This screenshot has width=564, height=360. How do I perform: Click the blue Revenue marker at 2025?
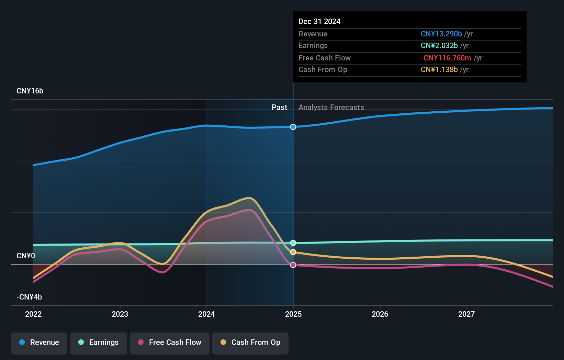(x=293, y=127)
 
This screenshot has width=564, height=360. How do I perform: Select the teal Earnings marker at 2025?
(x=293, y=243)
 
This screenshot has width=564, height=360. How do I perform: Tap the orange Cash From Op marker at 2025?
(x=293, y=252)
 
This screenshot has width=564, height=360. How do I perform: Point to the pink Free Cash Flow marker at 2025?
(x=293, y=265)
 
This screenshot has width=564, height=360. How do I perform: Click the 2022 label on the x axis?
(x=33, y=314)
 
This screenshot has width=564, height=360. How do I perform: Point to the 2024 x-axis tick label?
(x=206, y=314)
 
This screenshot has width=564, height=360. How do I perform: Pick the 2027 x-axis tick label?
(x=466, y=314)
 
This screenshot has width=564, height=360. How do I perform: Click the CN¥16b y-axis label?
(x=30, y=91)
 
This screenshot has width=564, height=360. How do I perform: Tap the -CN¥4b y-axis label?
(x=29, y=297)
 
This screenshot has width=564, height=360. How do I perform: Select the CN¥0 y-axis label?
(x=26, y=256)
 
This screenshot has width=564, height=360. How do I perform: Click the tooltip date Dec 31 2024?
(x=319, y=21)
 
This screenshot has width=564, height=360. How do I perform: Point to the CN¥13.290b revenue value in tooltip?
(x=441, y=34)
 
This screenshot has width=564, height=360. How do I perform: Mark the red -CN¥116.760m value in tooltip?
(x=446, y=58)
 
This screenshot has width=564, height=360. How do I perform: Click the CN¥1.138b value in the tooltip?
(x=439, y=69)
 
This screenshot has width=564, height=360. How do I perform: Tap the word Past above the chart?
(x=280, y=107)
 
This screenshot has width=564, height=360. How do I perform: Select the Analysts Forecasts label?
(x=331, y=108)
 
